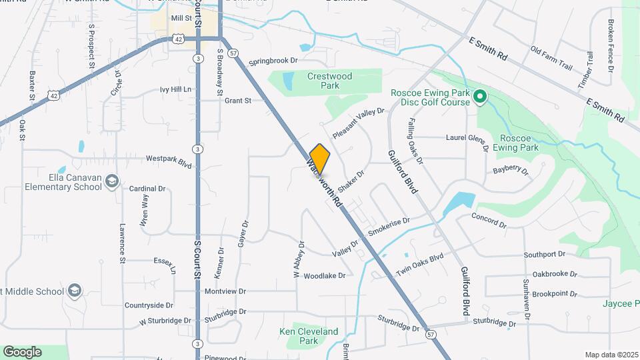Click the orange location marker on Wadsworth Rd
click(x=320, y=159)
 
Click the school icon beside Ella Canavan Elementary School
click(x=113, y=181)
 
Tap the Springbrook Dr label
click(x=273, y=61)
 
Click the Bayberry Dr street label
click(x=510, y=171)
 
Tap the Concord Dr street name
click(x=489, y=221)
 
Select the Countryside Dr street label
click(x=149, y=305)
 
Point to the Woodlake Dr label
click(x=325, y=275)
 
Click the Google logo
click(x=22, y=352)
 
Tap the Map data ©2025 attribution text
click(x=611, y=355)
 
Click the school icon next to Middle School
click(x=75, y=291)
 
